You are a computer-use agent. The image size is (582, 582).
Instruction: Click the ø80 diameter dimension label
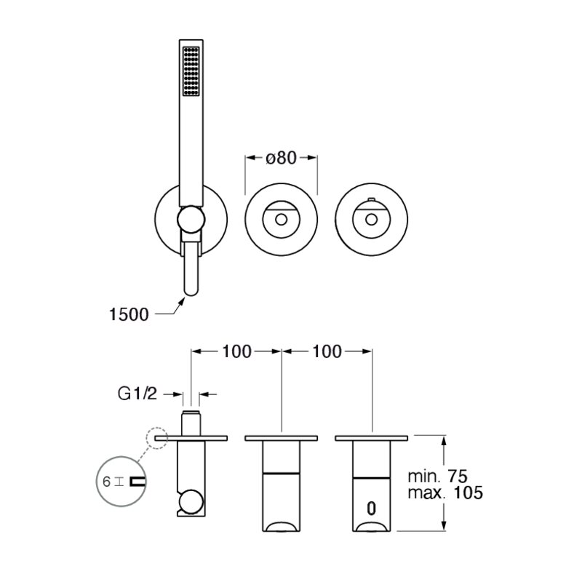pyautogui.click(x=282, y=158)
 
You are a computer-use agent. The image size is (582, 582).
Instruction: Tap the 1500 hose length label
pyautogui.click(x=129, y=315)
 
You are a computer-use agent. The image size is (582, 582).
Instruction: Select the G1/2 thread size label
pyautogui.click(x=137, y=394)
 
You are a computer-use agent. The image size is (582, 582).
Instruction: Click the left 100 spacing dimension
pyautogui.click(x=237, y=351)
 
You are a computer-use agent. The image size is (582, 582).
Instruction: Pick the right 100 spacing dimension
pyautogui.click(x=327, y=351)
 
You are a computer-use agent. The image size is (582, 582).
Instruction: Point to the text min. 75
pyautogui.click(x=438, y=477)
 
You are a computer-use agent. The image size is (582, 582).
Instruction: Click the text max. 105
pyautogui.click(x=445, y=493)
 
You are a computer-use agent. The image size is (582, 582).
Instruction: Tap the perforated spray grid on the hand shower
pyautogui.click(x=191, y=71)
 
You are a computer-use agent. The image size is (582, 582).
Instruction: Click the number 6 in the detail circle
pyautogui.click(x=106, y=482)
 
